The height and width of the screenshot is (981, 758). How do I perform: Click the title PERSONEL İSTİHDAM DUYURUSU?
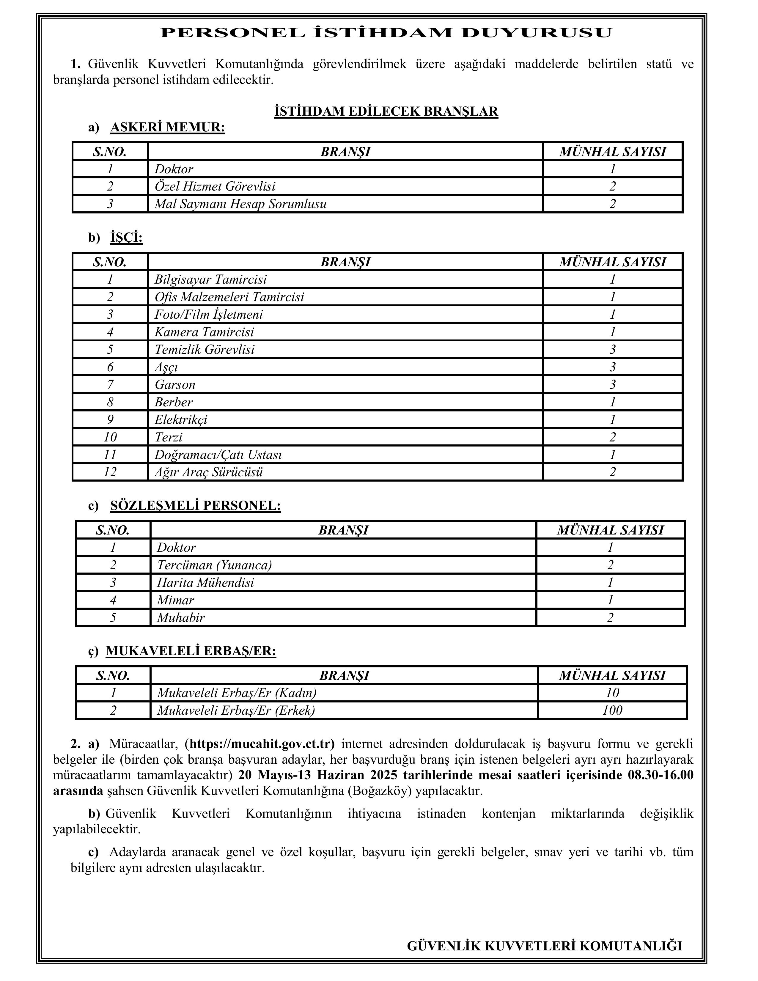386,33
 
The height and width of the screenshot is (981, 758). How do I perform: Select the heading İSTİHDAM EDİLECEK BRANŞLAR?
386,111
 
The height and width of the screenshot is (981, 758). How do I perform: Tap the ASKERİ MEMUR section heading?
167,128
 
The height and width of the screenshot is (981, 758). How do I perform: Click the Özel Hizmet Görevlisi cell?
215,186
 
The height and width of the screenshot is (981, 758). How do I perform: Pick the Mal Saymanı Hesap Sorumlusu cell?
241,204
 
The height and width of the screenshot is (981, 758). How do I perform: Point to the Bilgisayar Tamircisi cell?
211,279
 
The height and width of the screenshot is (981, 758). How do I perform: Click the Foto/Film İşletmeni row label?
209,315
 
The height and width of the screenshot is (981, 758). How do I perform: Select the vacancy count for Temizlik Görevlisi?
613,350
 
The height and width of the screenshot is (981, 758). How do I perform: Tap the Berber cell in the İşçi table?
174,402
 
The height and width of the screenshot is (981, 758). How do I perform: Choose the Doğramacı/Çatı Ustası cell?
218,455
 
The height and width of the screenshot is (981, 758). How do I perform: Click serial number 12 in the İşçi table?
110,472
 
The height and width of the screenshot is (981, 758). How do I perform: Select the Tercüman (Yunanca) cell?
214,565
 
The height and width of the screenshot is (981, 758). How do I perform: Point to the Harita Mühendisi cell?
205,583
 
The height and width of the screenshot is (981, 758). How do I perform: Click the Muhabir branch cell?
181,618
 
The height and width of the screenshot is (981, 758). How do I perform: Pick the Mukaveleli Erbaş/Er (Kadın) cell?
237,693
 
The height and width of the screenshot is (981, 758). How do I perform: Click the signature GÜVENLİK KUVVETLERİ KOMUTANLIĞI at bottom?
544,946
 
